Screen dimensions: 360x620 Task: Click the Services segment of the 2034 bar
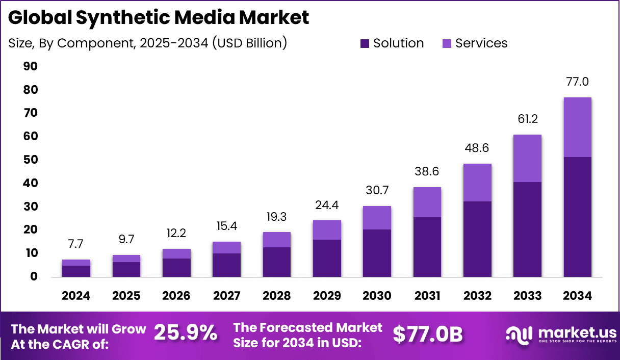pos(577,127)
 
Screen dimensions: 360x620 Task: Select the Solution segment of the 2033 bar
pos(527,229)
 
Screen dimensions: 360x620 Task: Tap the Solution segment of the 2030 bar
pos(377,253)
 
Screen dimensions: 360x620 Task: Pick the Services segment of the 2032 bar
pos(477,183)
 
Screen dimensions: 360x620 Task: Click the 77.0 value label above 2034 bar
pos(577,82)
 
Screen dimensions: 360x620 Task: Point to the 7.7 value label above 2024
pos(76,244)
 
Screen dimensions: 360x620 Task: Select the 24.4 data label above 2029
pos(327,205)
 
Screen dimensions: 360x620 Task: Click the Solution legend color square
pos(365,43)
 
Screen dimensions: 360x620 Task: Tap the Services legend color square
pos(447,43)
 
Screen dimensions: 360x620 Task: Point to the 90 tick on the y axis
pos(30,67)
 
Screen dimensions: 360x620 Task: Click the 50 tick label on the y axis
pos(30,160)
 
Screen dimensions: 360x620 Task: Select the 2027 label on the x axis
pos(226,296)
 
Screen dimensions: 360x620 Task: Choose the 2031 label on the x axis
pos(427,296)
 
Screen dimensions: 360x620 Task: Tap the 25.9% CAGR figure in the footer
pos(185,333)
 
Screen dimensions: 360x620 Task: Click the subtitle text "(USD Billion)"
pos(249,43)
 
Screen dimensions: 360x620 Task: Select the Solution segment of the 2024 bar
pos(76,271)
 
